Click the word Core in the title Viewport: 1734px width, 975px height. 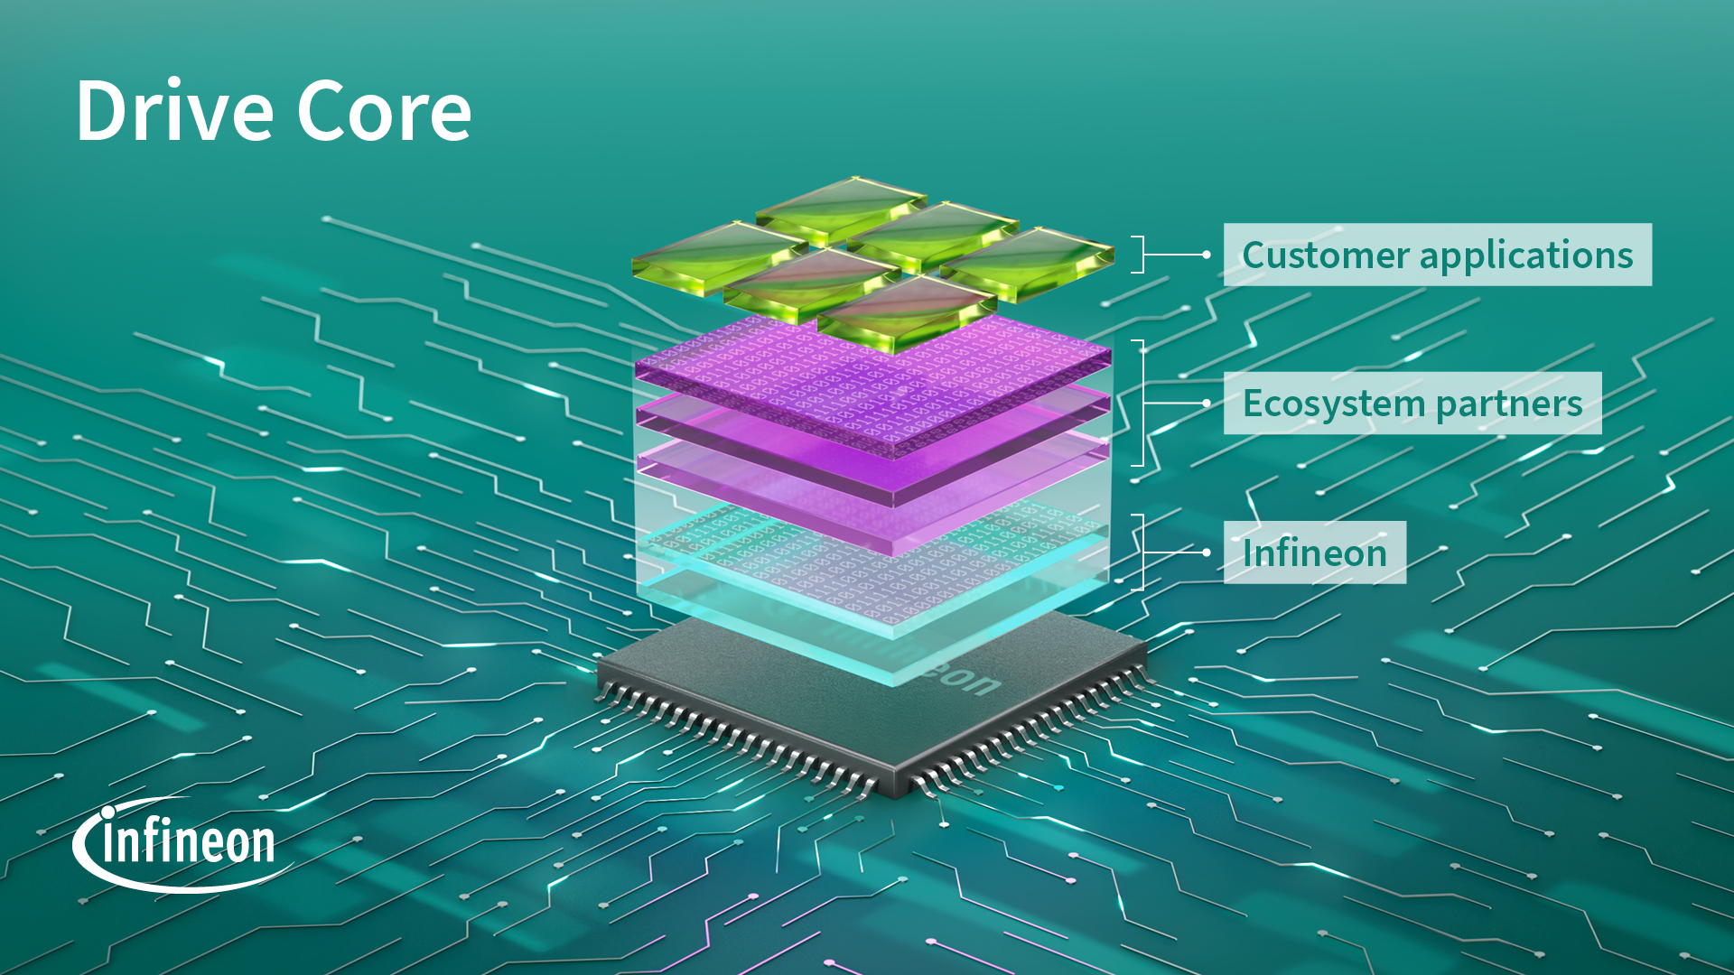point(384,111)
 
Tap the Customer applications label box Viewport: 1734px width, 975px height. point(1437,255)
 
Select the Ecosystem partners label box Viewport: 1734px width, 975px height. point(1412,404)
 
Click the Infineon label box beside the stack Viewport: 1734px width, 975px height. point(1314,552)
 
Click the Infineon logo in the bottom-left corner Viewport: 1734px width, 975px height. point(185,844)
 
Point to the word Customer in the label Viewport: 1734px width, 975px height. point(1325,255)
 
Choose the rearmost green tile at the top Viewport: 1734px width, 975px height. point(840,208)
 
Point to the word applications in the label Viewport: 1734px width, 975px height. point(1526,255)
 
